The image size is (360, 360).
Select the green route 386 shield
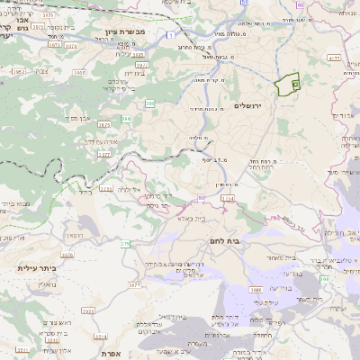tap(126, 119)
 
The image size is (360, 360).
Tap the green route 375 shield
tap(125, 244)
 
